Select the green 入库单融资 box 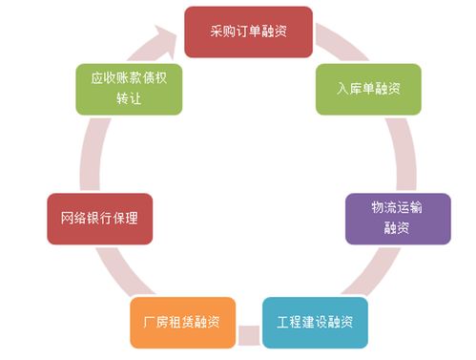[367, 89]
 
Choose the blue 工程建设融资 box [314, 320]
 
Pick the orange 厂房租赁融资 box [183, 321]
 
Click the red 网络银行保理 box [99, 218]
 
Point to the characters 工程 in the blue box [287, 320]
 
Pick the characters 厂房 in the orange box [155, 321]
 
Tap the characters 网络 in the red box [72, 218]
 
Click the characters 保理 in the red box [126, 218]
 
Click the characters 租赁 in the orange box [183, 321]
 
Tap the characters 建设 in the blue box [314, 320]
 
